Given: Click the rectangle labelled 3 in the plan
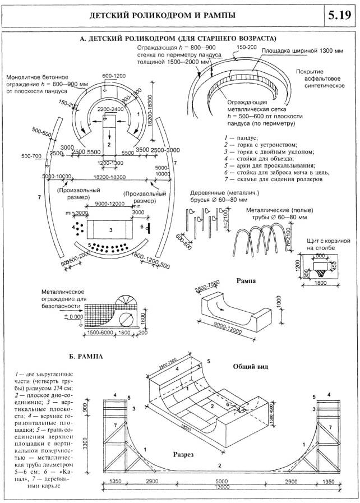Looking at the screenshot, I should click(111, 230).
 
